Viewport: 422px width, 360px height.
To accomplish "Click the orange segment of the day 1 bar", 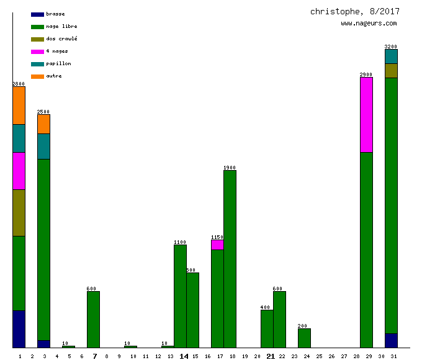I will pyautogui.click(x=19, y=106).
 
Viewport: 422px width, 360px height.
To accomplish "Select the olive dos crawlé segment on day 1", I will pyautogui.click(x=19, y=212).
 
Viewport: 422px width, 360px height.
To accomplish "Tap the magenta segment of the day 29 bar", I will pyautogui.click(x=366, y=115).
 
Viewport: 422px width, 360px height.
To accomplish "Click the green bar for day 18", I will pyautogui.click(x=230, y=258).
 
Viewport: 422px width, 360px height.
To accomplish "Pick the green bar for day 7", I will pyautogui.click(x=93, y=319).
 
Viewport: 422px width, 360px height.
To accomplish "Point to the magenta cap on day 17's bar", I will pyautogui.click(x=217, y=245).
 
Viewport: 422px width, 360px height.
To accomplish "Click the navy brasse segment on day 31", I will pyautogui.click(x=391, y=340).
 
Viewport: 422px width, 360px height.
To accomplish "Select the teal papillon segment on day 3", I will pyautogui.click(x=43, y=146).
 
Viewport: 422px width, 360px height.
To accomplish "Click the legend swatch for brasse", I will pyautogui.click(x=37, y=14).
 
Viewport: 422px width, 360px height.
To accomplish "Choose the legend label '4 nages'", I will pyautogui.click(x=57, y=51).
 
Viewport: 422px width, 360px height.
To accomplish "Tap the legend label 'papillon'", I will pyautogui.click(x=58, y=63).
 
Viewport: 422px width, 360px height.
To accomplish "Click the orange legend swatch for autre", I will pyautogui.click(x=37, y=76).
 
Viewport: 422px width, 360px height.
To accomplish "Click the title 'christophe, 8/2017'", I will pyautogui.click(x=355, y=11).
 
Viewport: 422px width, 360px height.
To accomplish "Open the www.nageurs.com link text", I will pyautogui.click(x=369, y=24).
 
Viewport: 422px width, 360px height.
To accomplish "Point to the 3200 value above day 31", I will pyautogui.click(x=391, y=47).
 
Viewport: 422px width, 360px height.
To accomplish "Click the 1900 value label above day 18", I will pyautogui.click(x=230, y=168).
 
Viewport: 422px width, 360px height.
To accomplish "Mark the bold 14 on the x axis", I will pyautogui.click(x=184, y=356).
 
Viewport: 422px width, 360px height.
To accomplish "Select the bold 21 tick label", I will pyautogui.click(x=271, y=356).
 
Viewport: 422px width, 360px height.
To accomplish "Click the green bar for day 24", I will pyautogui.click(x=304, y=338).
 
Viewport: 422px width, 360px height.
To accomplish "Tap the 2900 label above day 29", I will pyautogui.click(x=366, y=74).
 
